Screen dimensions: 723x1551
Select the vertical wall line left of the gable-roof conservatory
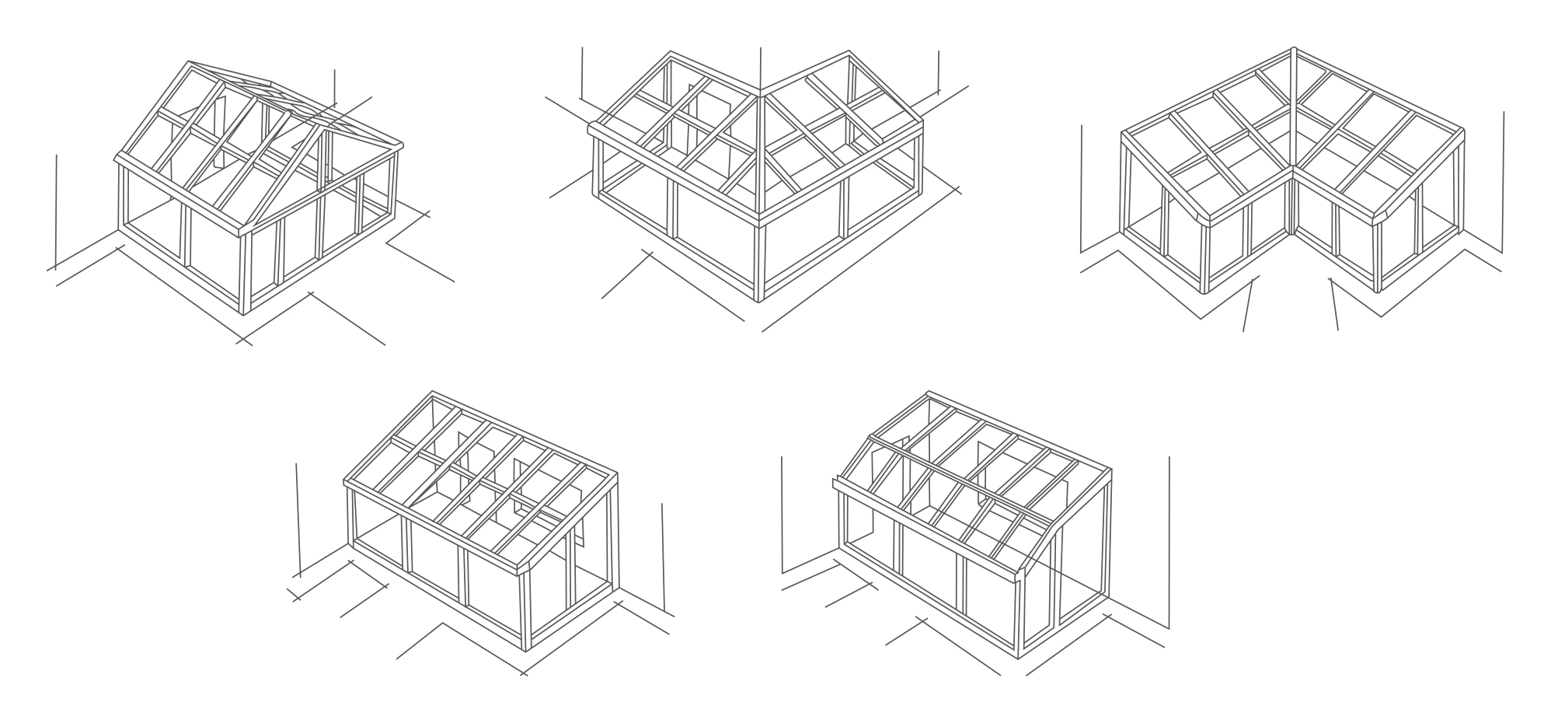coord(56,210)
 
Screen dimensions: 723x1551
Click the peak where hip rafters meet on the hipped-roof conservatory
coord(760,96)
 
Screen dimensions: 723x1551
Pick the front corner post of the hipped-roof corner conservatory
coord(760,260)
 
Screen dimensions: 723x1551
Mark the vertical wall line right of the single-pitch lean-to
coord(663,556)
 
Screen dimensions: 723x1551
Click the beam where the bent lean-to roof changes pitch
coord(964,478)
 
